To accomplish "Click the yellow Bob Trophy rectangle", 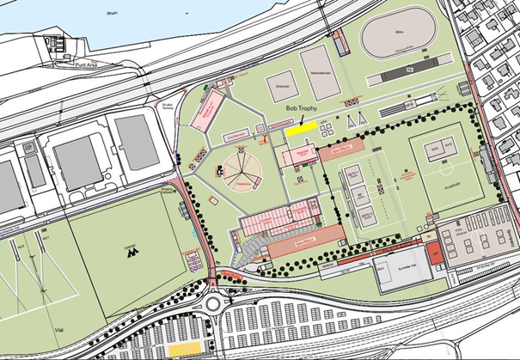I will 301,131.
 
